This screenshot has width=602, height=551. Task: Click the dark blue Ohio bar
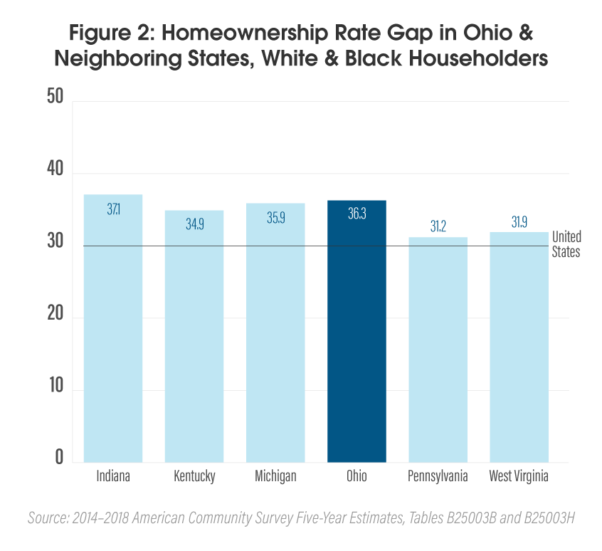click(357, 331)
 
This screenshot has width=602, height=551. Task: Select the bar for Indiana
click(113, 328)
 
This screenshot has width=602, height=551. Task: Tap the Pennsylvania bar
click(438, 349)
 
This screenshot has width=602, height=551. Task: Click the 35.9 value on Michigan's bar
click(275, 218)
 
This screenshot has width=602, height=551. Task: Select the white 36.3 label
click(357, 215)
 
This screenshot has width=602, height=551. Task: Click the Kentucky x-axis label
click(194, 476)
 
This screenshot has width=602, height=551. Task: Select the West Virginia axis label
click(519, 476)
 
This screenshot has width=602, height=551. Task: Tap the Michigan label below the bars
click(275, 476)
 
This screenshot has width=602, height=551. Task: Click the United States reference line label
click(566, 243)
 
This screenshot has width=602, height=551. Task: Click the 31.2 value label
click(438, 226)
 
